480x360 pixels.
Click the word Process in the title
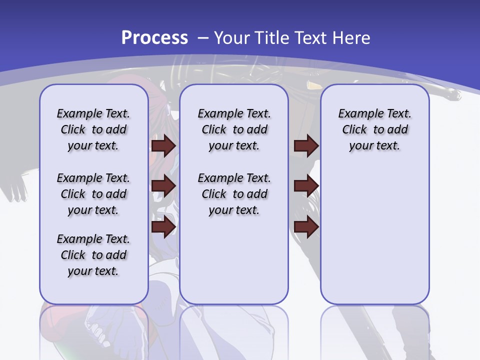coord(154,37)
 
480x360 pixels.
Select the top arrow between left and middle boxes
coord(163,145)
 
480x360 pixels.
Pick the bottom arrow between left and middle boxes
coord(163,227)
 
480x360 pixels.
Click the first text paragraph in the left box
coord(93,129)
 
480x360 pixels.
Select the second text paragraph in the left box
coord(93,194)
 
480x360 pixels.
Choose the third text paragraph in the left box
coord(93,255)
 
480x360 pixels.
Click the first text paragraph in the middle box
coord(234,129)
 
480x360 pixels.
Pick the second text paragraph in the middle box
coord(234,194)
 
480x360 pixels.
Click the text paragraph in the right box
coord(374,129)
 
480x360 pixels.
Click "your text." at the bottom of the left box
coord(93,271)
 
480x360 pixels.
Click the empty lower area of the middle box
coord(234,260)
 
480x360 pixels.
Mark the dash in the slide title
coord(203,38)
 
